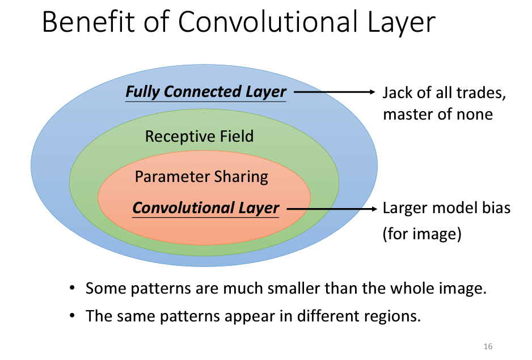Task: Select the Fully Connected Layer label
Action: click(x=206, y=91)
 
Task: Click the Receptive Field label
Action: click(x=199, y=137)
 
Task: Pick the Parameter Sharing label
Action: click(x=201, y=177)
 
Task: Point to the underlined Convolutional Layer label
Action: click(x=206, y=208)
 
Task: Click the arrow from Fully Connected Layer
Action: click(x=335, y=92)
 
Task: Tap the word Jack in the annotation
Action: click(x=397, y=92)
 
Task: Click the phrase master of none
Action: click(x=437, y=114)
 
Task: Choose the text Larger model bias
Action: click(x=446, y=208)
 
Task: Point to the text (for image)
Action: click(x=420, y=234)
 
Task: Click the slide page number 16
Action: click(x=488, y=346)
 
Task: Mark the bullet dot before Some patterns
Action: click(x=73, y=289)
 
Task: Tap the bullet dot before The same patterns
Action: click(x=73, y=316)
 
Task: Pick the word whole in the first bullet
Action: click(x=412, y=289)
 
